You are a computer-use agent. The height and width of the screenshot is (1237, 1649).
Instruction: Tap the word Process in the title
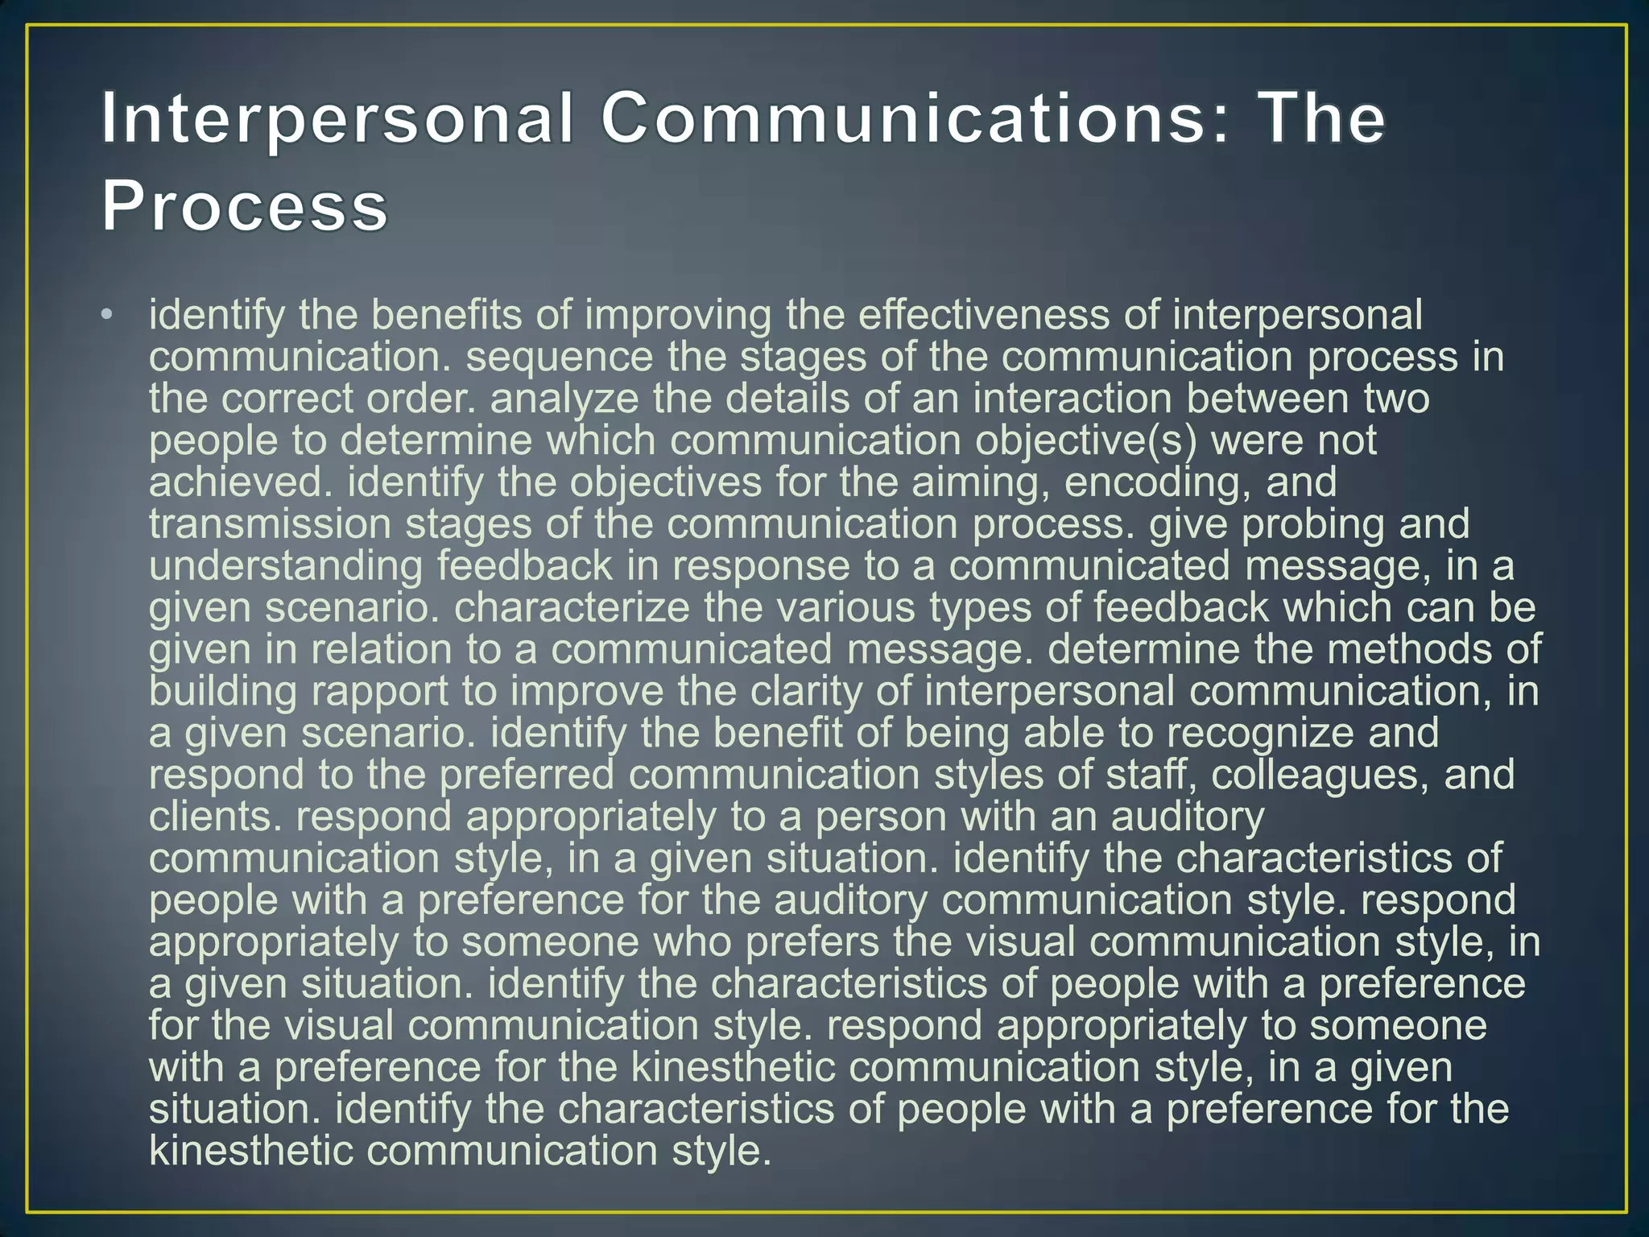pyautogui.click(x=245, y=206)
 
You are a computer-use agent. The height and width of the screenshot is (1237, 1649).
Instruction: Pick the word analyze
pyautogui.click(x=564, y=399)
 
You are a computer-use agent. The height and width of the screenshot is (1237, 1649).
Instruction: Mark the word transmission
pyautogui.click(x=270, y=524)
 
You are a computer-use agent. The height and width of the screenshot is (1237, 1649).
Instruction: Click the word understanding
pyautogui.click(x=286, y=566)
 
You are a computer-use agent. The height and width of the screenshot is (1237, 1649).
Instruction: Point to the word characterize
pyautogui.click(x=572, y=608)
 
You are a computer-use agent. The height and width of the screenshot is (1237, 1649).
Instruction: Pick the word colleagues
pyautogui.click(x=1320, y=776)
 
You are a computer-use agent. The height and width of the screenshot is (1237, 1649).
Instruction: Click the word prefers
pyautogui.click(x=813, y=942)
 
